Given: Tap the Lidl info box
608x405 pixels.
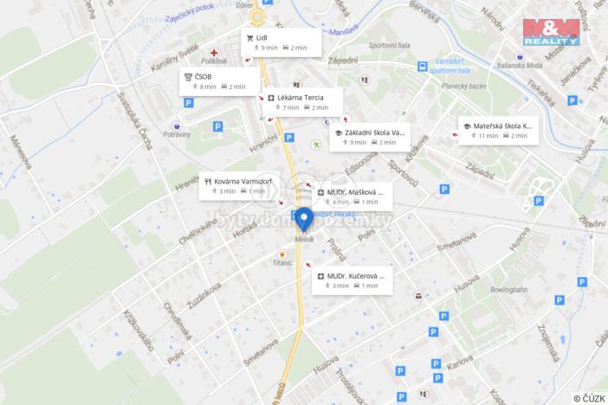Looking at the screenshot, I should (281, 42).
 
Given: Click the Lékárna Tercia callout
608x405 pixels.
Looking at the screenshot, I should (302, 102).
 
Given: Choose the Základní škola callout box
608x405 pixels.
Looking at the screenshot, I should (369, 137).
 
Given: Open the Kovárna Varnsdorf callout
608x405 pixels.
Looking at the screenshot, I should (236, 185).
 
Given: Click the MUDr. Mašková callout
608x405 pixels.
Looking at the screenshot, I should (353, 196).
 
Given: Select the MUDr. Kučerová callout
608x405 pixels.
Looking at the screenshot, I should (352, 280).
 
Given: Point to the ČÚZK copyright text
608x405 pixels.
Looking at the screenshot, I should (589, 398).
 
